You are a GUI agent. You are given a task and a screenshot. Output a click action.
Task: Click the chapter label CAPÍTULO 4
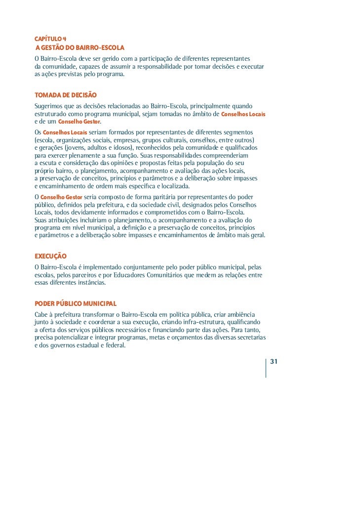coord(50,39)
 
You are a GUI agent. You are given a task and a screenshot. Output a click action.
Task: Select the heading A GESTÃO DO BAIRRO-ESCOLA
coord(79,48)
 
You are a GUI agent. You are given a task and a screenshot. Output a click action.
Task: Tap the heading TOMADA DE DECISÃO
coord(66,95)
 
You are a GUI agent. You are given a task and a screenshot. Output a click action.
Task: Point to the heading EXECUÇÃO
coord(50,256)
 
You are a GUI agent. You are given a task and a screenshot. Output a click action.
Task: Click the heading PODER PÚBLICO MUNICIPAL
coord(76,303)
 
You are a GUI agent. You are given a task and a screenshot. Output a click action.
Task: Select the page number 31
coord(275,362)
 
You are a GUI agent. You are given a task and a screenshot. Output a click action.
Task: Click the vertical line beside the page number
coord(266,368)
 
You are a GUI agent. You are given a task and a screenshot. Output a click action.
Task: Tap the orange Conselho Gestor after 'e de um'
coord(79,122)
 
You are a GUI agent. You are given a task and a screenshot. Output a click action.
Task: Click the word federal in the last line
coord(116,345)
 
